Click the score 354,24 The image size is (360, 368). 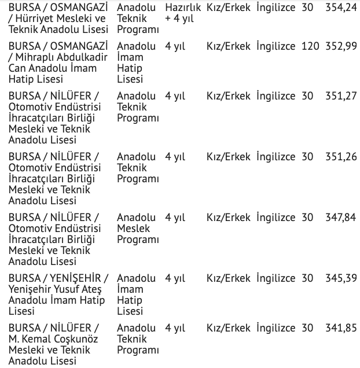click(341, 8)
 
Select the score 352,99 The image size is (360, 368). click(341, 46)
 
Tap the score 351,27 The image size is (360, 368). click(341, 96)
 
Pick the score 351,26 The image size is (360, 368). click(341, 157)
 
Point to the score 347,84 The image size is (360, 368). click(341, 218)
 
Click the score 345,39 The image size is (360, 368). click(341, 278)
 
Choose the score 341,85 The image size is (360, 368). click(341, 328)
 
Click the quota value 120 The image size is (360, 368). click(310, 46)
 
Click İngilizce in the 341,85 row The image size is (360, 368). click(275, 328)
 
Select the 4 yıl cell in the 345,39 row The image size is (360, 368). click(175, 278)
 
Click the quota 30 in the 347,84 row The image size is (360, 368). click(307, 218)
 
